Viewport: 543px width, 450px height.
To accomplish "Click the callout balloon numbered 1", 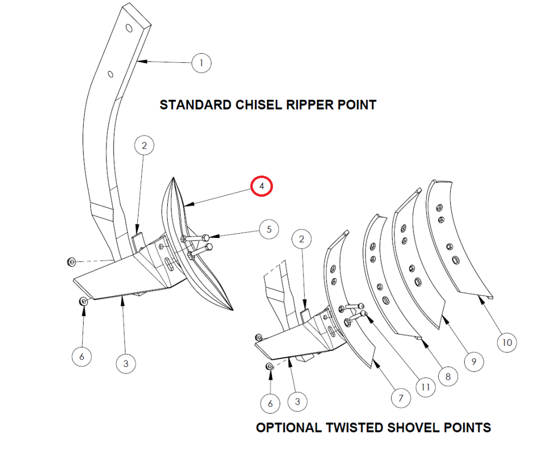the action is tap(201, 63).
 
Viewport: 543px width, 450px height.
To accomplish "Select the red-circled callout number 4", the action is tap(262, 186).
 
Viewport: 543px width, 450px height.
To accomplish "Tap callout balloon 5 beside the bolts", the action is tap(269, 229).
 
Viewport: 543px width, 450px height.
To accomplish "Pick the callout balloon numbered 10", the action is tap(507, 343).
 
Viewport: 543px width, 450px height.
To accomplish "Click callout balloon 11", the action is tap(426, 387).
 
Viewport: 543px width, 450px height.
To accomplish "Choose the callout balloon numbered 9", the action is tap(473, 362).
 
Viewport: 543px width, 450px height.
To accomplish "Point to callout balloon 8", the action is tap(448, 376).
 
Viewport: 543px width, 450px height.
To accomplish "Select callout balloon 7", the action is tap(401, 398).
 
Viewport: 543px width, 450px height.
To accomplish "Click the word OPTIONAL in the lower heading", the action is tap(289, 428).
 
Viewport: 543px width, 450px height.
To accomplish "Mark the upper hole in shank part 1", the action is tap(129, 28).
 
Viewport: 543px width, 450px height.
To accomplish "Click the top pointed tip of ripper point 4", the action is tap(174, 178).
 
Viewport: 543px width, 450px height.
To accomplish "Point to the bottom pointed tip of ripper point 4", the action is tap(232, 310).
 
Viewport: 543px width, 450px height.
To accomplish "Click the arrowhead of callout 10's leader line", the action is tap(481, 299).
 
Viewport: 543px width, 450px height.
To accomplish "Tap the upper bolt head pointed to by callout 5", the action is tap(206, 237).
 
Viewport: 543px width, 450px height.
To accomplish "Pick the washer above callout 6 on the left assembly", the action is tap(84, 301).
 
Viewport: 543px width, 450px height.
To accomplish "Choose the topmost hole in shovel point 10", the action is tap(439, 208).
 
